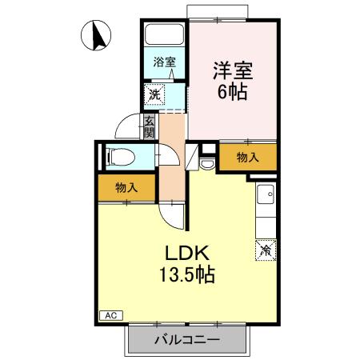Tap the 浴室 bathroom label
(x=166, y=61)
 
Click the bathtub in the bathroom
(x=165, y=36)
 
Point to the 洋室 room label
(x=232, y=70)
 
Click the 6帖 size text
(x=232, y=90)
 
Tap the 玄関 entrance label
(x=149, y=126)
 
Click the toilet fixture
(x=115, y=157)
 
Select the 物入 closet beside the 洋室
(x=248, y=158)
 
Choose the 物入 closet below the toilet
(x=126, y=187)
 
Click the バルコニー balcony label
(x=186, y=339)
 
